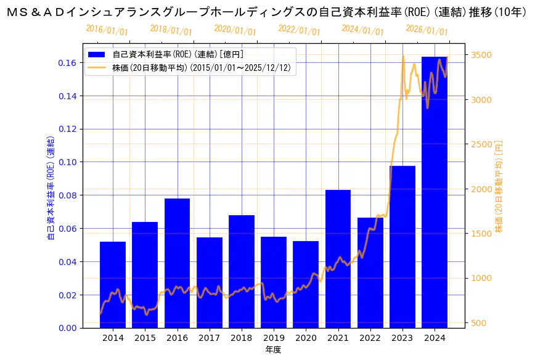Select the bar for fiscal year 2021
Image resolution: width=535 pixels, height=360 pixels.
[338, 259]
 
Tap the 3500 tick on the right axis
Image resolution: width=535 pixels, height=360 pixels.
[481, 55]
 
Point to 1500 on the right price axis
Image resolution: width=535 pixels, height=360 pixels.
[481, 233]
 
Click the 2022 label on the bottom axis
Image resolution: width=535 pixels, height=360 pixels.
[370, 338]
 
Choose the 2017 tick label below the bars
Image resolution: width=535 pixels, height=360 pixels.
[209, 338]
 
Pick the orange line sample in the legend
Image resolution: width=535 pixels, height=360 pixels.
[97, 68]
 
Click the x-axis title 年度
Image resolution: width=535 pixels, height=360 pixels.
[273, 350]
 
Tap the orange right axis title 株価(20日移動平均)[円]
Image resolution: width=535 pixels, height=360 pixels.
[499, 186]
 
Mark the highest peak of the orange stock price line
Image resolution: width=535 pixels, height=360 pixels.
[403, 56]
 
